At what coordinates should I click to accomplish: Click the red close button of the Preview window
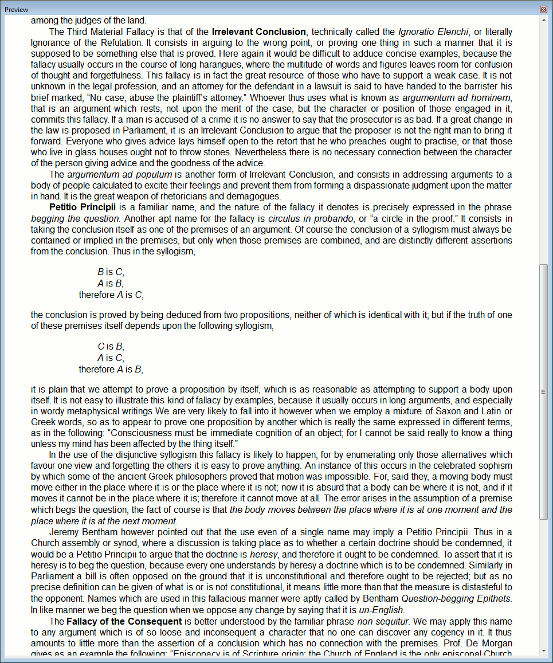tap(543, 9)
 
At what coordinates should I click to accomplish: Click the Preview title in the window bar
tap(17, 10)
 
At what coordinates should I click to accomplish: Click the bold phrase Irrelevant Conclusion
tap(258, 32)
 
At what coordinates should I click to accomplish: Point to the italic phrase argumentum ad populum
tap(120, 174)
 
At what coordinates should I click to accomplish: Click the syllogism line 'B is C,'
tap(111, 272)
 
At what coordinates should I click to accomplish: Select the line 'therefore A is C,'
tap(111, 295)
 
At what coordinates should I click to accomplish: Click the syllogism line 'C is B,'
tap(111, 346)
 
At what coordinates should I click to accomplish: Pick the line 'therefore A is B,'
tap(111, 369)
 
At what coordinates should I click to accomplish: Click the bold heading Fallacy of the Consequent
tap(124, 621)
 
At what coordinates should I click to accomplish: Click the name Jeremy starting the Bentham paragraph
tap(64, 532)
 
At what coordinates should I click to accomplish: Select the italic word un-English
tap(381, 610)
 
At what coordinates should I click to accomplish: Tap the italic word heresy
tap(264, 555)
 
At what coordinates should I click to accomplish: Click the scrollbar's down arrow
tap(543, 650)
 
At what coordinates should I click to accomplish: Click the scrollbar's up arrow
tap(543, 19)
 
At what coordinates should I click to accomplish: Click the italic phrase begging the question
tap(75, 218)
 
